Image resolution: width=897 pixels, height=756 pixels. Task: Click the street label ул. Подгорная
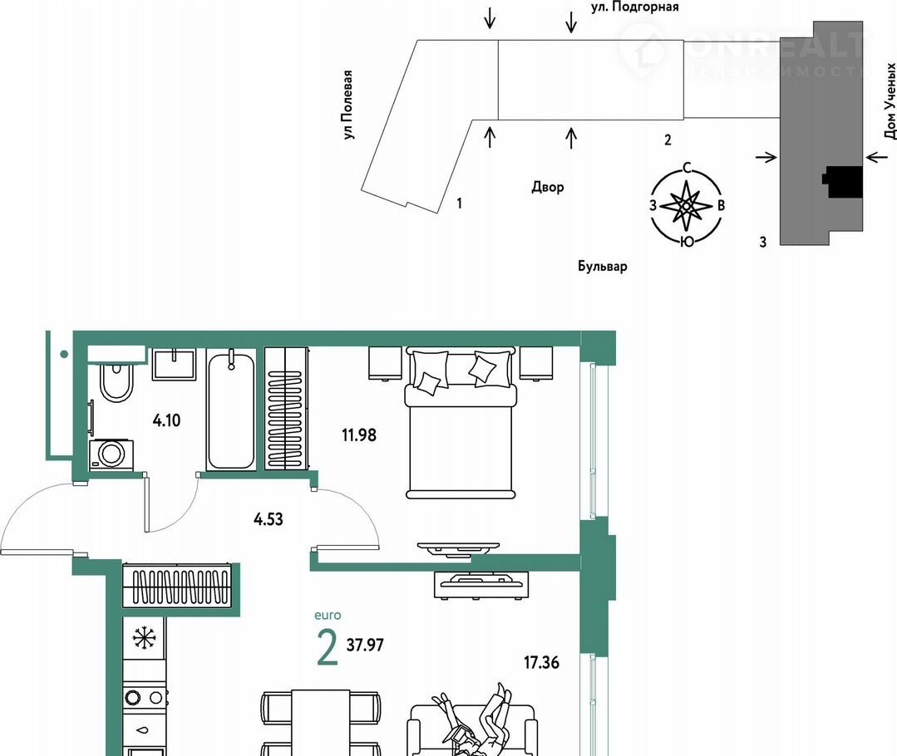coord(634,7)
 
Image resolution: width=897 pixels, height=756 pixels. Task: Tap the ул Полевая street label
coord(347,106)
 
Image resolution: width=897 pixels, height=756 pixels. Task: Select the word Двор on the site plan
coord(548,187)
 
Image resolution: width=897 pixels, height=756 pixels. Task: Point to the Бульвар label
coord(602,267)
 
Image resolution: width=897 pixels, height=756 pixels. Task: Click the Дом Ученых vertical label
coord(890,101)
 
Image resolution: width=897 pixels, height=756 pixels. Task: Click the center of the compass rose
coord(687,204)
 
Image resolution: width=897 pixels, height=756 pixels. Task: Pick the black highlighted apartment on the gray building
coord(842,183)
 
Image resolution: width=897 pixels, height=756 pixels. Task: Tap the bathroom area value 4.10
coord(166,421)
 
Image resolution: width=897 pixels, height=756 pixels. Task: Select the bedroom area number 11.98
coord(359,435)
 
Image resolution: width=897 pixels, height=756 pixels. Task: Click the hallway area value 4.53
coord(269,519)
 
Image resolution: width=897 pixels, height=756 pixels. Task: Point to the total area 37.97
coord(365,645)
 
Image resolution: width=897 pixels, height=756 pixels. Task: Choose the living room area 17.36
coord(542,663)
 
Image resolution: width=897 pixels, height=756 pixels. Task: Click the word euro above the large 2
coord(328,616)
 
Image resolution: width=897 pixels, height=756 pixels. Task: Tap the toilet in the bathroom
coord(116,382)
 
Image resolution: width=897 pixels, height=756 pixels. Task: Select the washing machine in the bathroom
coord(111,455)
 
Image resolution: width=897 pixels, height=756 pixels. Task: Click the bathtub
coord(231,410)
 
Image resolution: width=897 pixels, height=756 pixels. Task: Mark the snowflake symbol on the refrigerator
coord(144,638)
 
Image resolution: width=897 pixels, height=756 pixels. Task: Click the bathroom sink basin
coord(174,364)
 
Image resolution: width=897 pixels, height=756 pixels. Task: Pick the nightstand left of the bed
coord(385,363)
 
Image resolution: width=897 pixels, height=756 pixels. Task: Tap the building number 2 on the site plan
coord(668,140)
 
